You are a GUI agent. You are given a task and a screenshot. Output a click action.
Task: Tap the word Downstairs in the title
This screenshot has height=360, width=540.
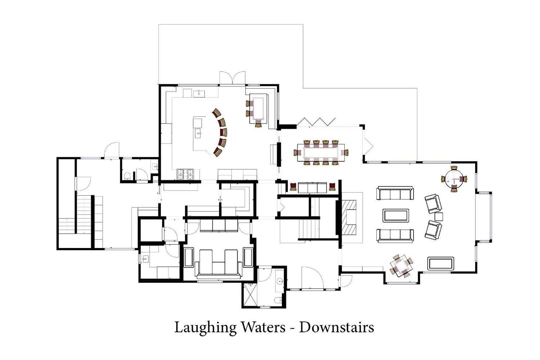click(337, 327)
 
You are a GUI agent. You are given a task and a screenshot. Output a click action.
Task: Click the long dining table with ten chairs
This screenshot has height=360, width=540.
click(321, 153)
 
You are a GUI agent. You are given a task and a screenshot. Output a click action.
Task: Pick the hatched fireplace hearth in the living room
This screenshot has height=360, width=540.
click(349, 217)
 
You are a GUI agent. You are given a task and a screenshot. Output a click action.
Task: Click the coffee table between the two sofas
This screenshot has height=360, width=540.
click(396, 215)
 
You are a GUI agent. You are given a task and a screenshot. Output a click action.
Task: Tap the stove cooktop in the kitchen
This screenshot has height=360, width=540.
click(186, 175)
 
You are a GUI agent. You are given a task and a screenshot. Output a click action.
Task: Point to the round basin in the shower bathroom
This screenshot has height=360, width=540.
click(280, 281)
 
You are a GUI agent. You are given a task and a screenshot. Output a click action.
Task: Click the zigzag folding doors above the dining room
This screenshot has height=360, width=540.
click(316, 122)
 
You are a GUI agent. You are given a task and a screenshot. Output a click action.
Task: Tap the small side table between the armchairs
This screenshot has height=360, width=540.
click(439, 217)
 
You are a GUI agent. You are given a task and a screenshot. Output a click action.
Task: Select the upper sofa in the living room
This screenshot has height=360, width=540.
click(395, 193)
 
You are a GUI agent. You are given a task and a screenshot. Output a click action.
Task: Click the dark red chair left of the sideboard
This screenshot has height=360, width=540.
click(293, 187)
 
